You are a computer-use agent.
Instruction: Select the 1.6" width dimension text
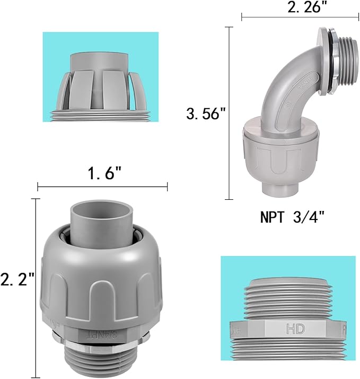[102, 173]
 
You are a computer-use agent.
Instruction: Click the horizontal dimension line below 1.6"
[102, 186]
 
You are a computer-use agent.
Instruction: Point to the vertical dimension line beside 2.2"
[37, 286]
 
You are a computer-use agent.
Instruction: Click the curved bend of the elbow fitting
[286, 85]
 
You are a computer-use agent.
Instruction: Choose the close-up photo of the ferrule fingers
[100, 77]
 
